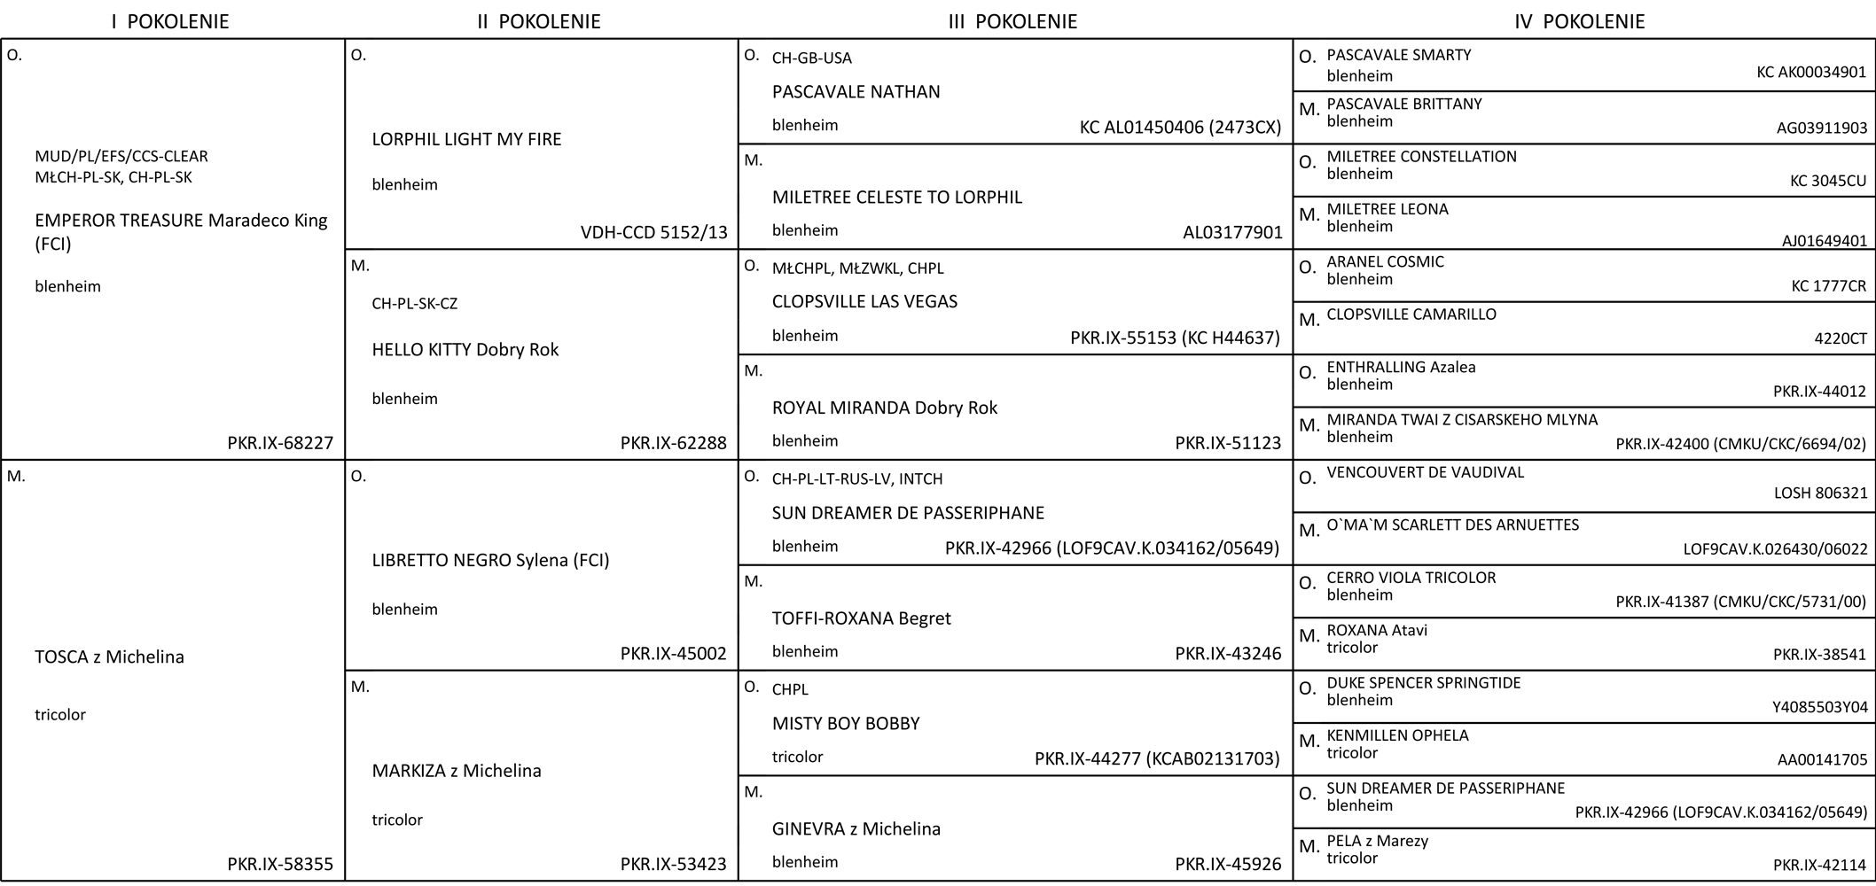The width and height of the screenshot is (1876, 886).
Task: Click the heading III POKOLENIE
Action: tap(1012, 22)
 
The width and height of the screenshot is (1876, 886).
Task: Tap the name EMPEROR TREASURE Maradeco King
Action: tap(181, 221)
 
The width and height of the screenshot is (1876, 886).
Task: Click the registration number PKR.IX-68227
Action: tap(280, 443)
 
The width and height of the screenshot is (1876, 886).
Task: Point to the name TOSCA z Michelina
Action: tap(109, 657)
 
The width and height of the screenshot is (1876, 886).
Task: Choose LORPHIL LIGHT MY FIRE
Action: tap(466, 139)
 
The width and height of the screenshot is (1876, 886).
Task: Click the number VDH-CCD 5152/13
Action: tap(653, 233)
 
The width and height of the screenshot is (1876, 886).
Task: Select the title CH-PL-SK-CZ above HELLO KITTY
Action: tap(414, 304)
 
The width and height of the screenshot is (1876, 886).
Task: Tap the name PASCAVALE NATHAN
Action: tap(856, 92)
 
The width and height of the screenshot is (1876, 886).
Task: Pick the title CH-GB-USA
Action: tap(811, 58)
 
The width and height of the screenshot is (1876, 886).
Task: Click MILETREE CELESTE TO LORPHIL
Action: tap(896, 198)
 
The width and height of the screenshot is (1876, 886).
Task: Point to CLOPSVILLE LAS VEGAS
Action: tap(864, 302)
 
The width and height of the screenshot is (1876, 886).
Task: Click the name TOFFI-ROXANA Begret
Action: tap(861, 618)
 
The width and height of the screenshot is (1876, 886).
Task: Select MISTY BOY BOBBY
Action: tap(846, 724)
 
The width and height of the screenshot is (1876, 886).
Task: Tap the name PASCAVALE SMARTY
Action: tap(1398, 55)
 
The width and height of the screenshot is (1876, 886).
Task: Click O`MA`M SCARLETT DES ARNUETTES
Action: tap(1452, 525)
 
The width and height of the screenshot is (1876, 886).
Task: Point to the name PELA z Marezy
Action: tap(1377, 841)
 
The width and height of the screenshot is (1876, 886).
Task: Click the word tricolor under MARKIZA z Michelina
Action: tap(396, 820)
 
